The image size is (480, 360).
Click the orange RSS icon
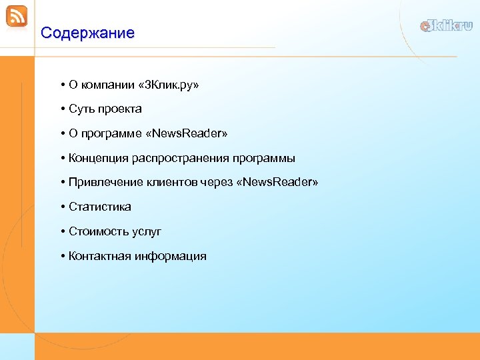17,16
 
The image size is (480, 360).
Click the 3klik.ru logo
446,26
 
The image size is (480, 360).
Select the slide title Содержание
87,33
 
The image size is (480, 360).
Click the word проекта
119,109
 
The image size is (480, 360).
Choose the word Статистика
100,207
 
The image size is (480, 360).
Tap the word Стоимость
99,231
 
